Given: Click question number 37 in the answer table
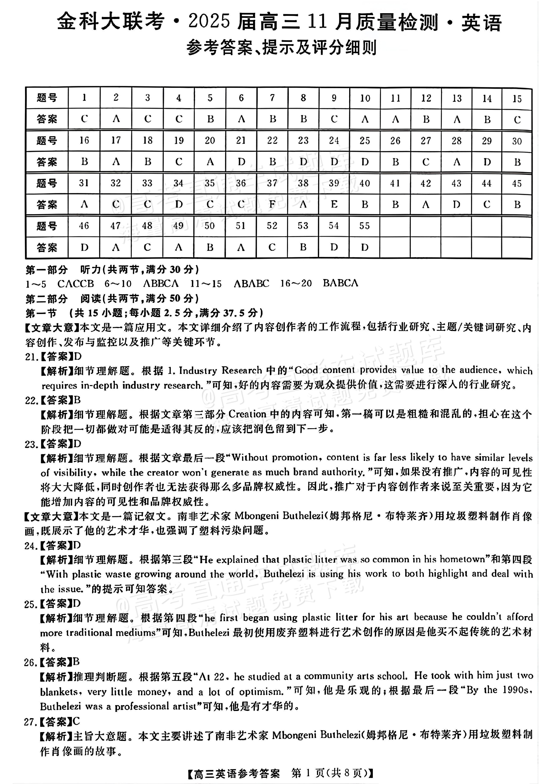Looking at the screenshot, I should (272, 183).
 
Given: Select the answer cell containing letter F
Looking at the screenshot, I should (272, 204).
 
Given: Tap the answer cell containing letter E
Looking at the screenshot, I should (334, 204).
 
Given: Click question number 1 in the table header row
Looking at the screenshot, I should (84, 98).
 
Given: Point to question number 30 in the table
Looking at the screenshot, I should (517, 141).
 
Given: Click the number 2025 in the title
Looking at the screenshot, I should (209, 23).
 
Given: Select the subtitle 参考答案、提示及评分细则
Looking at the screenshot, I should (281, 48).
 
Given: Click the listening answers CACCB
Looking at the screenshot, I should (76, 284).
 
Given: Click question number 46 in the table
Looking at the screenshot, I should (84, 226).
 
